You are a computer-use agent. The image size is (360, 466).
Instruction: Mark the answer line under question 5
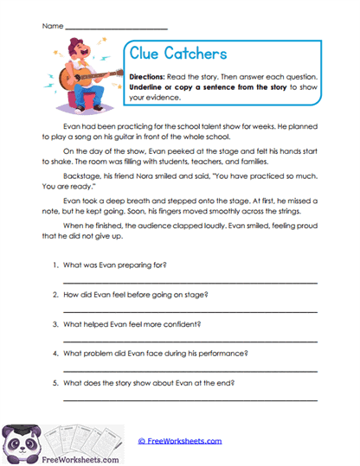[190, 401]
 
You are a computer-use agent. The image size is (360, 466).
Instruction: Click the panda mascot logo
[19, 443]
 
